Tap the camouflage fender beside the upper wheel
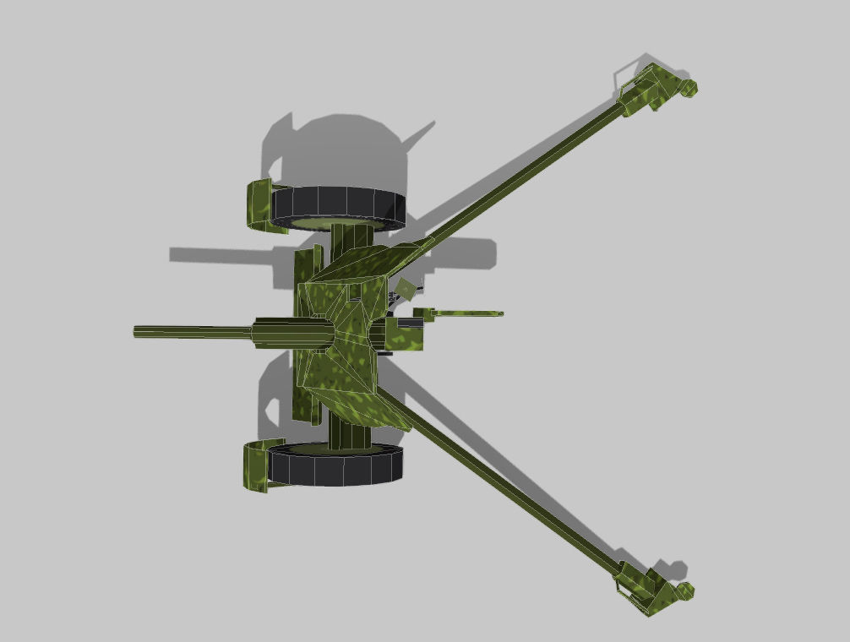[258, 204]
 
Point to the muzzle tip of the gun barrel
[137, 332]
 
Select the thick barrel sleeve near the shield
[292, 333]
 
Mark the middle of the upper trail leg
[524, 169]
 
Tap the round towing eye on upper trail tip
[689, 87]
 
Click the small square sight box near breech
[407, 289]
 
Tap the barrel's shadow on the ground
[220, 254]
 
